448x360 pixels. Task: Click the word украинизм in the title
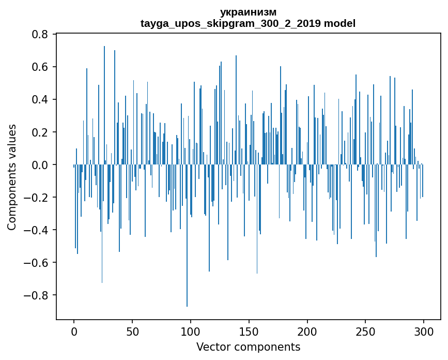coord(248,12)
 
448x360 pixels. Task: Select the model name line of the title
coord(248,23)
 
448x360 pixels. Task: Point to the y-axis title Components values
coord(12,177)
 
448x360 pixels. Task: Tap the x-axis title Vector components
coord(248,347)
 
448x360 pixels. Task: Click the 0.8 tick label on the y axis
coord(40,34)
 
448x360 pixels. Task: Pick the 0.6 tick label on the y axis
coord(40,67)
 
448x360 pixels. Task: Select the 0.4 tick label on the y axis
coord(40,99)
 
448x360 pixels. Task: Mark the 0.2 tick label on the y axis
coord(40,132)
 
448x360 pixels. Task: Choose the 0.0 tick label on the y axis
coord(40,164)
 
